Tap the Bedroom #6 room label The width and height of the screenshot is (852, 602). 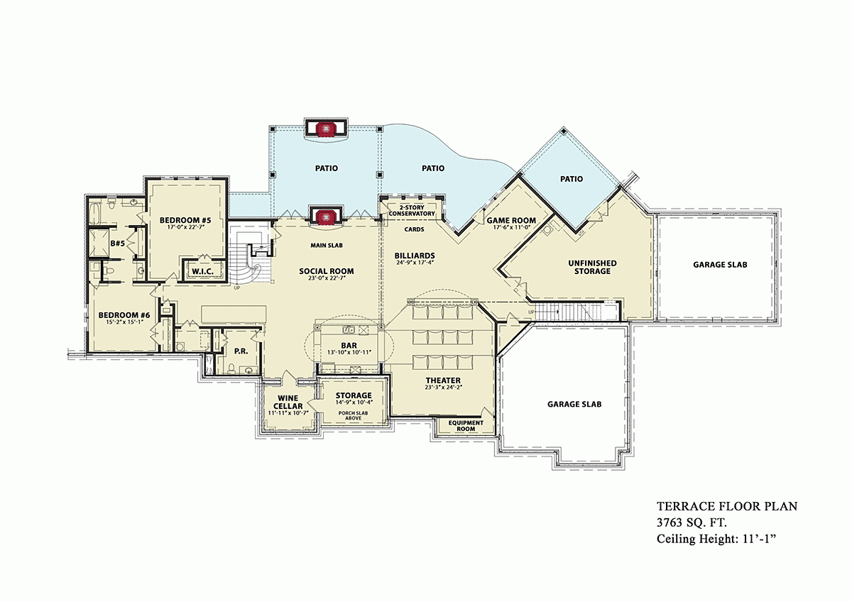[124, 315]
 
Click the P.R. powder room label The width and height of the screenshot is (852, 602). [239, 351]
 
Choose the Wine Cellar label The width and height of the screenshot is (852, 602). [288, 402]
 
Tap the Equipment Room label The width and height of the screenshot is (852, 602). [466, 425]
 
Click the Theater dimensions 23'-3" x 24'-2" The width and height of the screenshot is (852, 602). [444, 387]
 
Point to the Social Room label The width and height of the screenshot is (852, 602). [326, 271]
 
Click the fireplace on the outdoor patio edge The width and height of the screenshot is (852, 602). [326, 128]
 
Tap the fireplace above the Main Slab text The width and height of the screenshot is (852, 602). [326, 216]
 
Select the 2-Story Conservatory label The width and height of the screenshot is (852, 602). [411, 210]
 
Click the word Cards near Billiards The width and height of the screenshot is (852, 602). [414, 229]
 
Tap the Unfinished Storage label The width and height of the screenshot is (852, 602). [592, 267]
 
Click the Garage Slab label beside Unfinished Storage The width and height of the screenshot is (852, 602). [720, 265]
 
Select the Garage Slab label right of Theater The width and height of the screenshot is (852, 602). [574, 404]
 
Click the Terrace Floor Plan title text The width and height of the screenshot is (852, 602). [727, 506]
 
